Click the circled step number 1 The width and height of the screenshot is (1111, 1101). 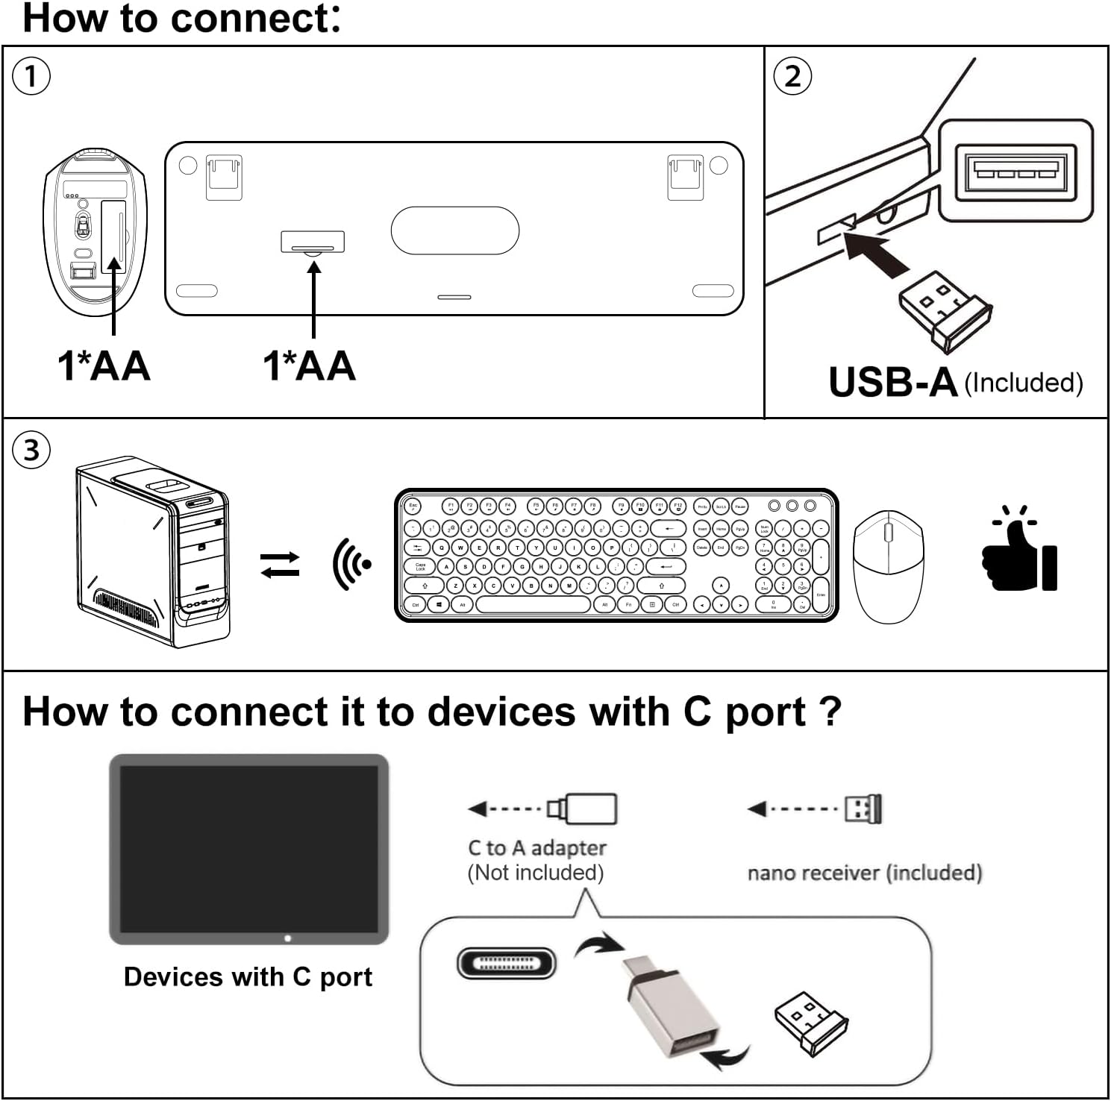tap(31, 76)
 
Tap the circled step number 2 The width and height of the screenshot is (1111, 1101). tap(793, 76)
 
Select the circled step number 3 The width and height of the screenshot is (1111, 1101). tap(31, 451)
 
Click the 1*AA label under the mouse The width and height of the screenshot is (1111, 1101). tap(104, 366)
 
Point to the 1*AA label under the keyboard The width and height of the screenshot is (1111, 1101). tap(310, 366)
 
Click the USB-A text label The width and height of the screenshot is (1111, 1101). tap(892, 382)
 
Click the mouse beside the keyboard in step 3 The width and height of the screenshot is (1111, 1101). tap(888, 567)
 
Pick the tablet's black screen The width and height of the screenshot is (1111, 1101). tap(249, 849)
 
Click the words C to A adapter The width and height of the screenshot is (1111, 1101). tap(536, 848)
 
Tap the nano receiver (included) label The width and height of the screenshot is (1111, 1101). tap(864, 873)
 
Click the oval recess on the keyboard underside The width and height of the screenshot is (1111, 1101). tap(454, 230)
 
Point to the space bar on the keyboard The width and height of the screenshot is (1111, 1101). tap(533, 605)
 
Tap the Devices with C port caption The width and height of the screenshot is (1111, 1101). tap(248, 976)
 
